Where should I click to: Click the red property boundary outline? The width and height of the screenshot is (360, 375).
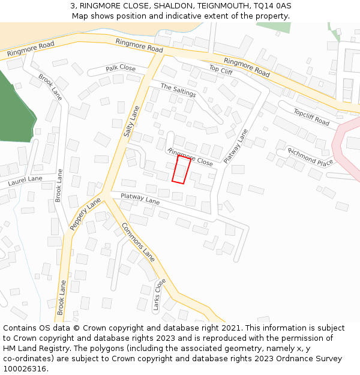pyautogui.click(x=181, y=169)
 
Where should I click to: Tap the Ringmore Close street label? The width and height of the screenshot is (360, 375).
pyautogui.click(x=190, y=157)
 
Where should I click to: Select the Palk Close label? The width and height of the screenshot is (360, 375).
pyautogui.click(x=121, y=68)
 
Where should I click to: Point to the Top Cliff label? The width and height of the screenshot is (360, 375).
pyautogui.click(x=220, y=70)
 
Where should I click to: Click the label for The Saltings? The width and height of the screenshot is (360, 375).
pyautogui.click(x=178, y=90)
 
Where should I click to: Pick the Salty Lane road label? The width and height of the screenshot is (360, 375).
pyautogui.click(x=131, y=121)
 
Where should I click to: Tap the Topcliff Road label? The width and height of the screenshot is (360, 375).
pyautogui.click(x=311, y=117)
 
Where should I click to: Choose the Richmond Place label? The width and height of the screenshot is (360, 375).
pyautogui.click(x=310, y=157)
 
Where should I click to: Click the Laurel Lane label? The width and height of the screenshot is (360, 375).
pyautogui.click(x=25, y=180)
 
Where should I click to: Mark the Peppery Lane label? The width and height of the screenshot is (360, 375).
pyautogui.click(x=86, y=214)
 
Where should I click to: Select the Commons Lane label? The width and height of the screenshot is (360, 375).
pyautogui.click(x=139, y=242)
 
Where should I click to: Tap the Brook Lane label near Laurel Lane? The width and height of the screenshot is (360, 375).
pyautogui.click(x=59, y=184)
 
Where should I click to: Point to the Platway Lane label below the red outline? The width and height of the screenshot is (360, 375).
pyautogui.click(x=140, y=199)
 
